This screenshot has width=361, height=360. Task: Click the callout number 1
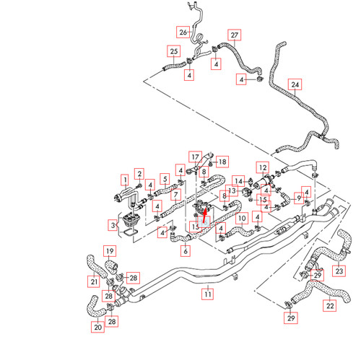click(x=124, y=178)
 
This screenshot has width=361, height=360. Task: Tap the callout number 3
click(x=112, y=226)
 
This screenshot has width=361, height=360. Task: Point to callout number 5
click(x=165, y=178)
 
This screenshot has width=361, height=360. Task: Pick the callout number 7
click(x=175, y=196)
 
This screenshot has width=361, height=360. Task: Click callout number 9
click(x=299, y=198)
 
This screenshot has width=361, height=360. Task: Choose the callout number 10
click(x=243, y=217)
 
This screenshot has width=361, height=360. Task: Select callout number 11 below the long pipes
click(x=207, y=294)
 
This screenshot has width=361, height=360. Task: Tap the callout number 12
click(x=263, y=167)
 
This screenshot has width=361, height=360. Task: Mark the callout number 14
click(x=239, y=180)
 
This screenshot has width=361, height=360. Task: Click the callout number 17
click(x=195, y=157)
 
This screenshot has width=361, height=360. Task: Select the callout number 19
click(x=110, y=251)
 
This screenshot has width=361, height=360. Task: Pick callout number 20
click(x=98, y=327)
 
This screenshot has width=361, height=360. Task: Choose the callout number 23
click(x=339, y=271)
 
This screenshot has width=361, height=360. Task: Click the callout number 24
click(x=295, y=84)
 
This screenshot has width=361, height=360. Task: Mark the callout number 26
click(x=183, y=32)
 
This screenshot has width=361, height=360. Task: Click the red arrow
click(x=204, y=212)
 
